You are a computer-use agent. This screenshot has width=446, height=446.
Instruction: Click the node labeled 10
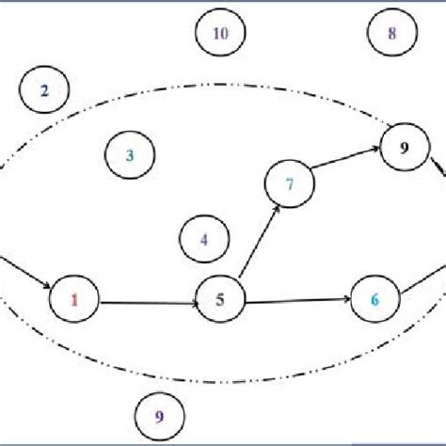pyautogui.click(x=219, y=35)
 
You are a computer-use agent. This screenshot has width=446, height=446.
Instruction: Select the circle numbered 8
pyautogui.click(x=391, y=35)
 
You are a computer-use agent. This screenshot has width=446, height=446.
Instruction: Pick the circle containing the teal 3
pyautogui.click(x=130, y=155)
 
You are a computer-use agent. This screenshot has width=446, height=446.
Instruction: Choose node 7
pyautogui.click(x=290, y=183)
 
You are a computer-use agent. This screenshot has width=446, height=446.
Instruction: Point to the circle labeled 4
pyautogui.click(x=203, y=238)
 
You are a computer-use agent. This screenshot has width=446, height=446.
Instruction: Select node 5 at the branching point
pyautogui.click(x=220, y=301)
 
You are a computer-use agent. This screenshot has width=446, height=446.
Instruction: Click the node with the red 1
pyautogui.click(x=75, y=301)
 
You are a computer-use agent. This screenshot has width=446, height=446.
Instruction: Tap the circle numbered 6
pyautogui.click(x=374, y=300)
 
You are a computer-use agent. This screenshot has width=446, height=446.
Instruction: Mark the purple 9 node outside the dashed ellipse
pyautogui.click(x=158, y=416)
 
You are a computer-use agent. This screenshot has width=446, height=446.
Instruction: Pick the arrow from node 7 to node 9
pyautogui.click(x=346, y=162)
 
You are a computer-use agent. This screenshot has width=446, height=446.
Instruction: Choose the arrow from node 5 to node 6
pyautogui.click(x=296, y=300)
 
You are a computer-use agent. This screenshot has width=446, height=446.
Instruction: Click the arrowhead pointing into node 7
pyautogui.click(x=276, y=209)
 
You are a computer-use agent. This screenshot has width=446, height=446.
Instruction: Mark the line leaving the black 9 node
pyautogui.click(x=436, y=169)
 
